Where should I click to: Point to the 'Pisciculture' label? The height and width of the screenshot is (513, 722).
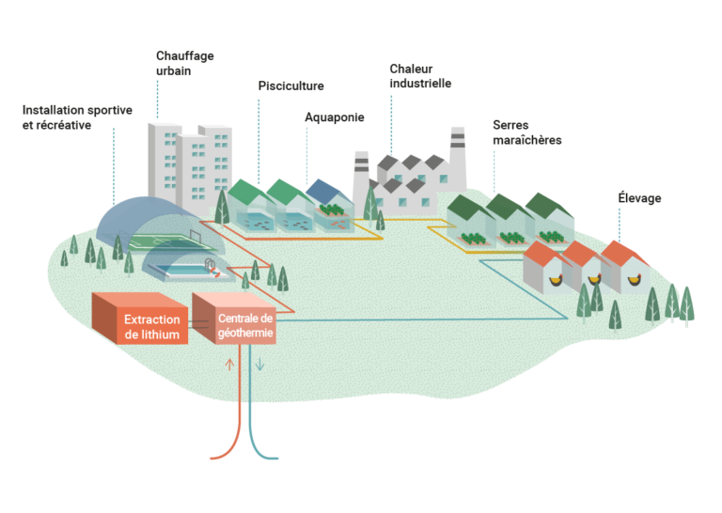pos(290,85)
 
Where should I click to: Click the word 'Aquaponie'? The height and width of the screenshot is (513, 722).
pos(334,117)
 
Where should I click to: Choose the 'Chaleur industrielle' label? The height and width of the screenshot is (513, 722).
pos(420,75)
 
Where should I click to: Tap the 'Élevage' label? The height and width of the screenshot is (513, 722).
pos(639,199)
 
